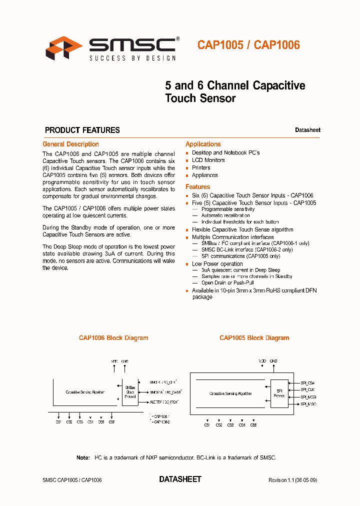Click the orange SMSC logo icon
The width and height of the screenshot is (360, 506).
64,48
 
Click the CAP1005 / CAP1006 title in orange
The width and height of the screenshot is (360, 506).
248,45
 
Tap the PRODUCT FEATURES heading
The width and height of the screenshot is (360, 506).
82,130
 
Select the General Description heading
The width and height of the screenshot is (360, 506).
70,144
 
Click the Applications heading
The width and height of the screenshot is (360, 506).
203,144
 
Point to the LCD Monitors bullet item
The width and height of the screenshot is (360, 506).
208,160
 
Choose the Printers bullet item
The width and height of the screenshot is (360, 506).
201,167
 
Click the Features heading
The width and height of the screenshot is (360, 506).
198,186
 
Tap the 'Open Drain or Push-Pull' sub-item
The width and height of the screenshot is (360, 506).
227,283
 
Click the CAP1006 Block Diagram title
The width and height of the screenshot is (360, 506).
113,338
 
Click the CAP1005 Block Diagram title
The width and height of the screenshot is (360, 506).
254,338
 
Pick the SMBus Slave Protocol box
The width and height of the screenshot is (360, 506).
130,392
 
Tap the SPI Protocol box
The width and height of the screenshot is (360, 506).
279,393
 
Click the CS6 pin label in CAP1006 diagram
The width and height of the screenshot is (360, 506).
111,422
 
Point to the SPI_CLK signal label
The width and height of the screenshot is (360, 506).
308,389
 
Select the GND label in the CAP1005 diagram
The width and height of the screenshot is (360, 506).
273,360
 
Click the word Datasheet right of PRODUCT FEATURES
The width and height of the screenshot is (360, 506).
307,130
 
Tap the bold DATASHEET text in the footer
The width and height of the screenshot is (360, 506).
180,479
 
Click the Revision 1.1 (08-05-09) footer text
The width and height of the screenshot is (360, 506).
292,480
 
